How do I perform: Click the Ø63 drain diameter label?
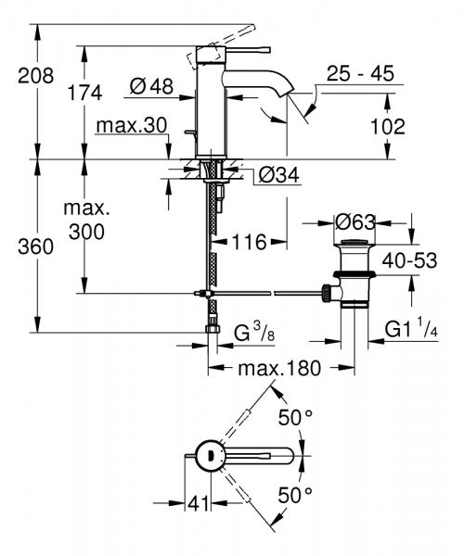[x=356, y=222]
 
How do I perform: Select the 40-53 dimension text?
[x=411, y=262]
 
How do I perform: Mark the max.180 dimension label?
[x=278, y=369]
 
